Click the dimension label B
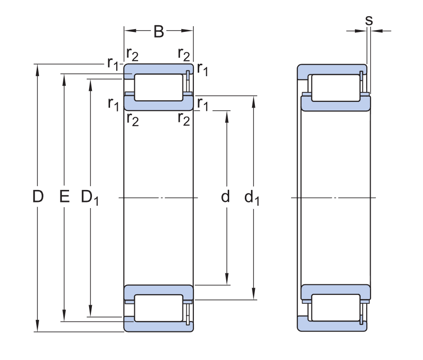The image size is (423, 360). (x=159, y=31)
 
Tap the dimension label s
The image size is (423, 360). (x=369, y=20)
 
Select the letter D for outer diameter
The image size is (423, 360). (x=38, y=196)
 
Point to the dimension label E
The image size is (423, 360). (x=64, y=196)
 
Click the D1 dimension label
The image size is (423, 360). (x=90, y=198)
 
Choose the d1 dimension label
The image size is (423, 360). (x=252, y=197)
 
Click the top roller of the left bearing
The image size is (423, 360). (x=158, y=87)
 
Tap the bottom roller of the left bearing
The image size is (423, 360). (x=158, y=308)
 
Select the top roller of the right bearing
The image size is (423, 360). (x=336, y=88)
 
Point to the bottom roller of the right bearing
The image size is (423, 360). (x=336, y=308)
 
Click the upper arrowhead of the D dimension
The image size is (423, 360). (x=38, y=70)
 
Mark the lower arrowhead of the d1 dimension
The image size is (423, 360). (x=253, y=294)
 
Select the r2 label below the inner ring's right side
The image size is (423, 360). (x=184, y=119)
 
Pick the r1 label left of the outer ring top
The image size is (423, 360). (x=113, y=64)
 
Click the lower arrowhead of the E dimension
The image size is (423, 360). (x=64, y=316)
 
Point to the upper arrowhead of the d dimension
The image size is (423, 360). (x=227, y=117)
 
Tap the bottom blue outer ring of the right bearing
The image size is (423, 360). (x=332, y=323)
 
